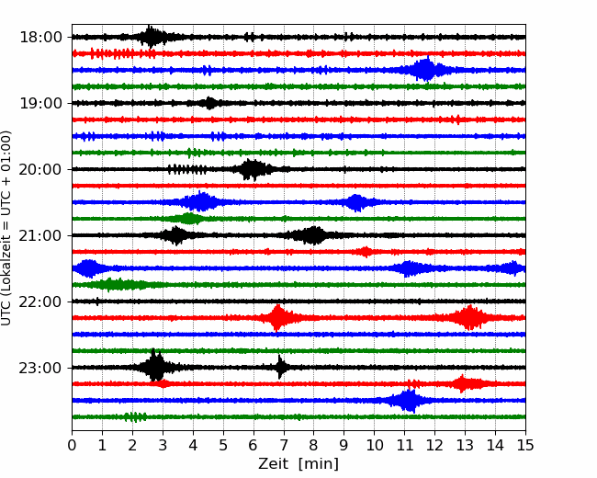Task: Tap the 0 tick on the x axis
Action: point(73,447)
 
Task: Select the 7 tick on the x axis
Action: point(284,447)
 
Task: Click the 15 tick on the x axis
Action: point(525,447)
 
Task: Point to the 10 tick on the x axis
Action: point(374,447)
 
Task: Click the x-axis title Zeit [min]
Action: point(298,464)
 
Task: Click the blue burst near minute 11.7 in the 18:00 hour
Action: point(424,70)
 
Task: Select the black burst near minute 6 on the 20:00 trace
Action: point(253,169)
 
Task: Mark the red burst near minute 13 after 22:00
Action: point(471,318)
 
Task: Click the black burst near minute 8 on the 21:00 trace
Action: point(314,235)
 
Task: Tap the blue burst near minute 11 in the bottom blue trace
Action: point(408,401)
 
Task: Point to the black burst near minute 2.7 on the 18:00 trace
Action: point(152,37)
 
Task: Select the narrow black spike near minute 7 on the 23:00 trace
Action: point(282,368)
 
